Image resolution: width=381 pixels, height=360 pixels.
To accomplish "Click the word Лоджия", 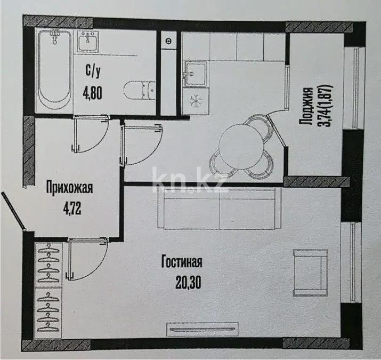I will click(x=306, y=107).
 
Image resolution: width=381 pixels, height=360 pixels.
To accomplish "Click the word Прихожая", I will click(x=70, y=188).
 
